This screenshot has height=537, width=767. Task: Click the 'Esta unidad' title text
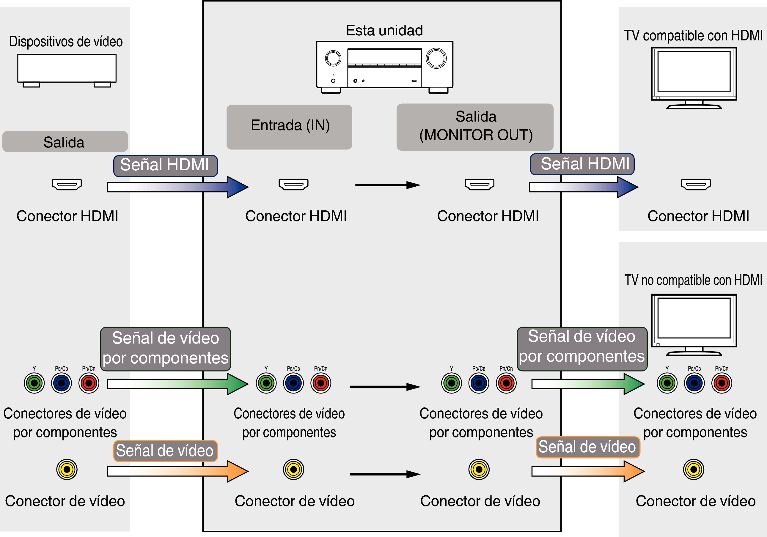(x=384, y=30)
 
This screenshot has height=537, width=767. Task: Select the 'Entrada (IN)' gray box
(x=289, y=127)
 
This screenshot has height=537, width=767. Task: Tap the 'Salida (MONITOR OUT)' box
(x=475, y=127)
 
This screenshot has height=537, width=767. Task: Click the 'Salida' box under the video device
(x=65, y=141)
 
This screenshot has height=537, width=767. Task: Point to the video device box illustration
(x=67, y=68)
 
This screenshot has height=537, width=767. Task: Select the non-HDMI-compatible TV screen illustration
(x=694, y=318)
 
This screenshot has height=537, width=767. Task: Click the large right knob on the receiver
(x=436, y=59)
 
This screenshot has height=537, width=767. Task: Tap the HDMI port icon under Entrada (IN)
(x=293, y=184)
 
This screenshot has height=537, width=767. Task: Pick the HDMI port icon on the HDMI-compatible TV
(x=696, y=184)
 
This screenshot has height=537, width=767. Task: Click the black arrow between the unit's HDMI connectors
(x=387, y=185)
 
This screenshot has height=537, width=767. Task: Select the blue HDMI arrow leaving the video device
(x=177, y=187)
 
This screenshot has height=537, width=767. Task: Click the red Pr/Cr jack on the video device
(x=89, y=383)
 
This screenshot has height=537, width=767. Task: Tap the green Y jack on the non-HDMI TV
(x=667, y=383)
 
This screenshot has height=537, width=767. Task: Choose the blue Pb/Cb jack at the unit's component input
(x=293, y=383)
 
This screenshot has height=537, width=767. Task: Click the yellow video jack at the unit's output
(x=479, y=469)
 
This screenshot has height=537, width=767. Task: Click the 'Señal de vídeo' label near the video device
(x=165, y=451)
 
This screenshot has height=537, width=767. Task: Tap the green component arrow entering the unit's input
(x=177, y=384)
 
